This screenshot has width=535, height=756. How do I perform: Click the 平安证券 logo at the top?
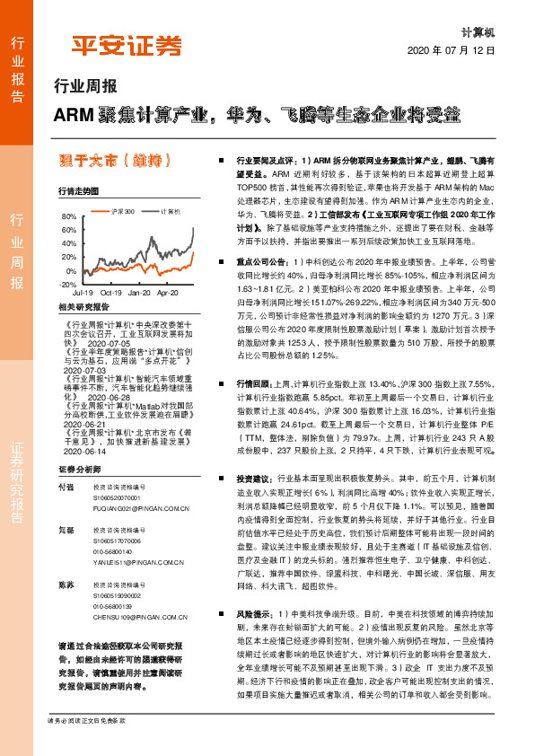[x=127, y=46]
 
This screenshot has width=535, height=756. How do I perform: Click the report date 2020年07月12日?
[x=458, y=52]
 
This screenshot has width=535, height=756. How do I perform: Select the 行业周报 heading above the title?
[x=86, y=88]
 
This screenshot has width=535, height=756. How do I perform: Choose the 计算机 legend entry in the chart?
[x=171, y=211]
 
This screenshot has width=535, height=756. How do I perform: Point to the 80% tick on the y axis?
[x=70, y=218]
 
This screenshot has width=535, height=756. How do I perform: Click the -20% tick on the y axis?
[x=68, y=284]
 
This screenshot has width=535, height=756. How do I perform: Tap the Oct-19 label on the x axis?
[x=111, y=293]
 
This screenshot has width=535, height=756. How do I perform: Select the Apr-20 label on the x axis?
[x=167, y=293]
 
